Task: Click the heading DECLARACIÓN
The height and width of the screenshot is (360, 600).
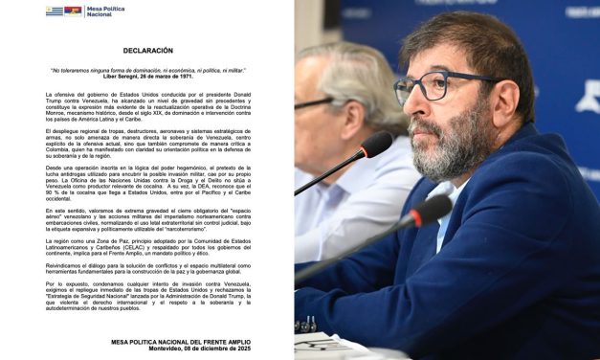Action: coord(147,51)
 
